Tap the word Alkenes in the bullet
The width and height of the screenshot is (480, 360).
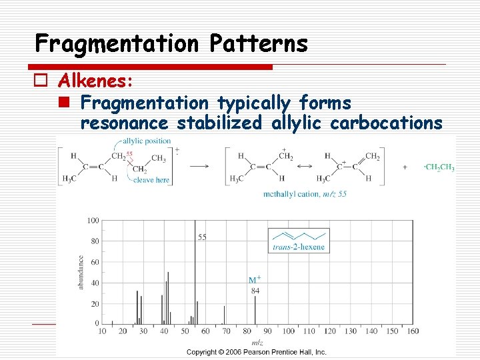point(95,81)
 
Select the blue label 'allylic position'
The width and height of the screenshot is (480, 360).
point(147,141)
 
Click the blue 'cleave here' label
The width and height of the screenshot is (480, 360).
point(151,180)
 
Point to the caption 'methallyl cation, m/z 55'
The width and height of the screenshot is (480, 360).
point(305,193)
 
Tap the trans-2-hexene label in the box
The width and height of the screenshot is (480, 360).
point(299,247)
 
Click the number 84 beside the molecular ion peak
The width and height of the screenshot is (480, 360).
point(255,290)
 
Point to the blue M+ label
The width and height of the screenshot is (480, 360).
point(255,281)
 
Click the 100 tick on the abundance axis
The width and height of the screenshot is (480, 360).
point(92,221)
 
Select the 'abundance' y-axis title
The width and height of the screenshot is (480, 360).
point(81,272)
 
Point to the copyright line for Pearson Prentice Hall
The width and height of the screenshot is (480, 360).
point(257,351)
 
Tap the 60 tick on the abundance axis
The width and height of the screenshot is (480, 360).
point(94,262)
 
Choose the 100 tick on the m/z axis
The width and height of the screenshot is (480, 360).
point(287,331)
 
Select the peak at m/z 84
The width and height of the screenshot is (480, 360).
point(255,310)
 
